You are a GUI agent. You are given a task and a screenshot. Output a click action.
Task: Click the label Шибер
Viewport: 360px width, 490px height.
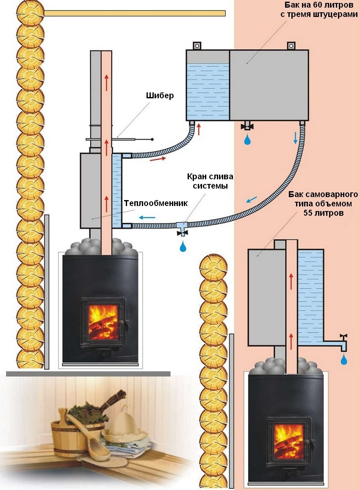point(161,96)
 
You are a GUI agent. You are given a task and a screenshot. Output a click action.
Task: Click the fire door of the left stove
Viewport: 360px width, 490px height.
point(103,320)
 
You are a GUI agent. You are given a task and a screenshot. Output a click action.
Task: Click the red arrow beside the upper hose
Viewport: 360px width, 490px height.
point(157,160)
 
